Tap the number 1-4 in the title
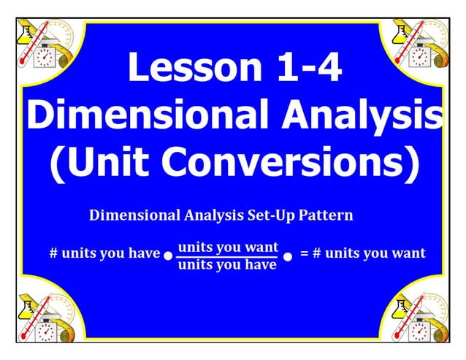tap(303, 68)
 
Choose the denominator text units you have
tap(228, 265)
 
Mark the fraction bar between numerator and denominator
tap(228, 256)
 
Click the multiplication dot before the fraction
tap(168, 257)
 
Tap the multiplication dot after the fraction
tap(288, 257)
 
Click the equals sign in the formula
tap(305, 253)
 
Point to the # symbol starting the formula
tap(53, 253)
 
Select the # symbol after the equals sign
tap(317, 253)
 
